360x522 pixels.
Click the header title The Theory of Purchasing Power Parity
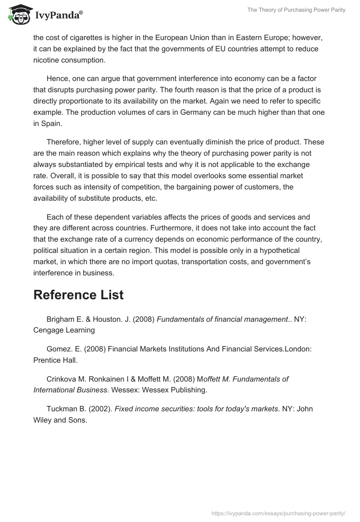(x=296, y=10)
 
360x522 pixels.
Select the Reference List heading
(x=79, y=295)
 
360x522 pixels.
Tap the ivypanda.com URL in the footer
(x=278, y=513)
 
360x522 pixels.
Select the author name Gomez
(x=58, y=349)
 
